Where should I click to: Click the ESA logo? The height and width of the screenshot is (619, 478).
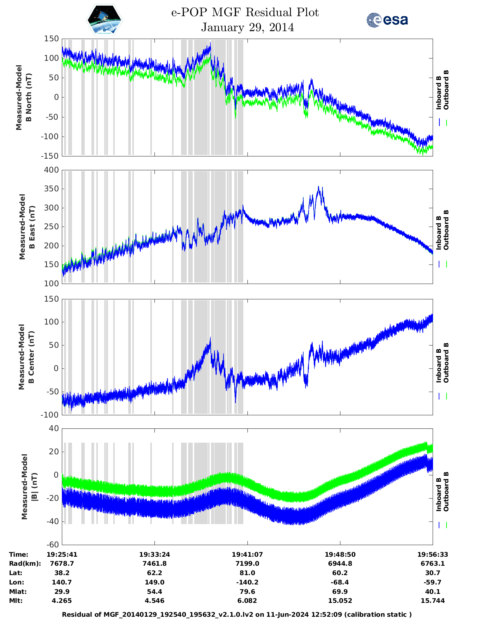(x=387, y=20)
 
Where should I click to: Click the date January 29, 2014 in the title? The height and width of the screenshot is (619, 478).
(x=247, y=27)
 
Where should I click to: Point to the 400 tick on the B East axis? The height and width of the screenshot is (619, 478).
(x=52, y=170)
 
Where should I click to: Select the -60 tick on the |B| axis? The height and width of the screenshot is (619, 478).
(x=53, y=545)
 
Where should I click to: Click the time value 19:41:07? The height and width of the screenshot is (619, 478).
(x=247, y=554)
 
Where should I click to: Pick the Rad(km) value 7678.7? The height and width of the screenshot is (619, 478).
(x=62, y=563)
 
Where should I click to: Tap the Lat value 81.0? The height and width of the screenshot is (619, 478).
(x=247, y=573)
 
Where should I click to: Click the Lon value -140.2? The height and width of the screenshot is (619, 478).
(x=247, y=582)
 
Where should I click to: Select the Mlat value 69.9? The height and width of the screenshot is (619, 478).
(x=340, y=592)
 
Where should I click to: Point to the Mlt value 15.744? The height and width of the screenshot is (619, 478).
(x=433, y=601)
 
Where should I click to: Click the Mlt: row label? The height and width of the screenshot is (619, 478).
(x=16, y=601)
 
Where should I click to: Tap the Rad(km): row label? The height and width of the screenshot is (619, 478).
(x=25, y=563)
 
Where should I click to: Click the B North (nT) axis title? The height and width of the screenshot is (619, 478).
(x=29, y=98)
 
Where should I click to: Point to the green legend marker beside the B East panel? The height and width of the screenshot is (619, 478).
(x=447, y=264)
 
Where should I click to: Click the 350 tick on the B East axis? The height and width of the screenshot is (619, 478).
(x=52, y=189)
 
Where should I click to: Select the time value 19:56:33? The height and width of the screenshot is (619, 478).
(x=433, y=554)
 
